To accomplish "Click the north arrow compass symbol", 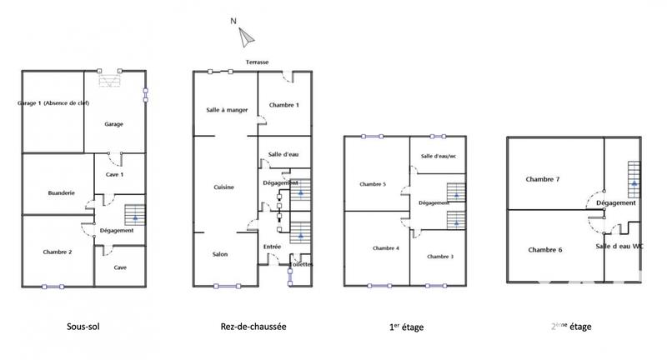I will [x=246, y=35].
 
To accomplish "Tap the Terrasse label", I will [x=258, y=62].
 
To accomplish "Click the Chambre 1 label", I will [x=284, y=105].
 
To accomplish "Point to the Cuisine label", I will [x=223, y=187].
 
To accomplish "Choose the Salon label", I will [x=220, y=255].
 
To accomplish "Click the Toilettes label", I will [x=302, y=264].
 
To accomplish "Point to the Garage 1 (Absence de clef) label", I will [x=53, y=103].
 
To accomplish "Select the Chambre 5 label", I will [x=373, y=184].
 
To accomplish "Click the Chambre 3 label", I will [x=439, y=257].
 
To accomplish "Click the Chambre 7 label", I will [x=543, y=179].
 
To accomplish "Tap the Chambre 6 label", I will [x=545, y=250].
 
